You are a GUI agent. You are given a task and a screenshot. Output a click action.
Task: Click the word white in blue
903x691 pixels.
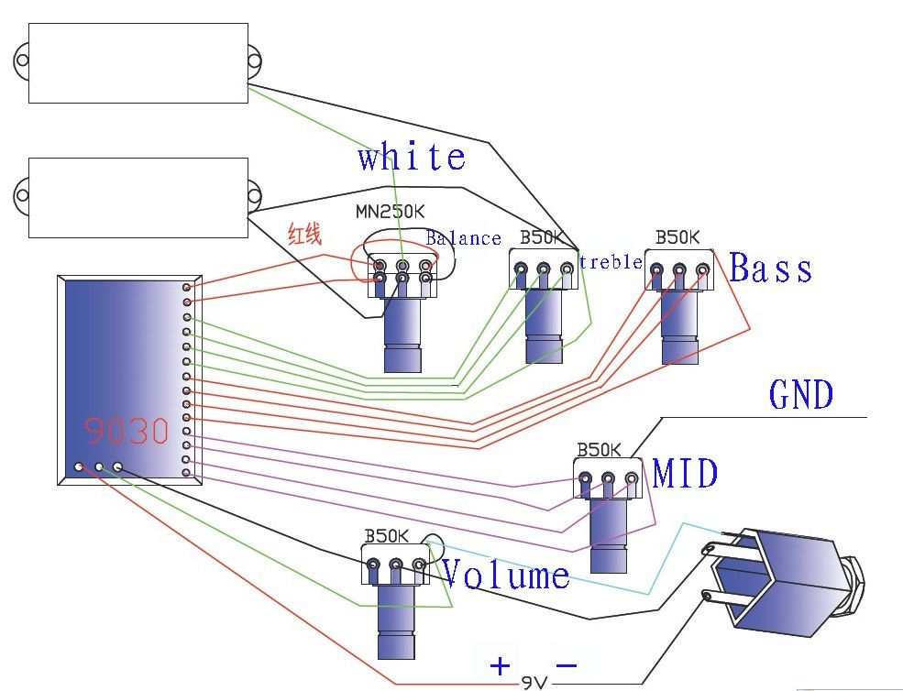coord(412,157)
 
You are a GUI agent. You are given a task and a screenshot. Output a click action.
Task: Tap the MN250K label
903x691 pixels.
coord(391,212)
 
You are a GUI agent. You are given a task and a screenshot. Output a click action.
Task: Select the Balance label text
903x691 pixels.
coord(464,238)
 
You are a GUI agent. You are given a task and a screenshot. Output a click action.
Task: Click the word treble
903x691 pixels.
coord(611,262)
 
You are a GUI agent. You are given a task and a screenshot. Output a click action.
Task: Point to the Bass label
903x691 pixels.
coord(771,269)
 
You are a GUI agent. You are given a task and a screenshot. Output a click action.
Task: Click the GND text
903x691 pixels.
coord(801,395)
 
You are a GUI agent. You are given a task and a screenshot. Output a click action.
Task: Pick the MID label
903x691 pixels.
coord(685,474)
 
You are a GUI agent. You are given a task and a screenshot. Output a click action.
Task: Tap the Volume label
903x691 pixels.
coord(505,575)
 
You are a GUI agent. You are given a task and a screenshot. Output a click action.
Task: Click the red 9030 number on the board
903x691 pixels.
coord(127,430)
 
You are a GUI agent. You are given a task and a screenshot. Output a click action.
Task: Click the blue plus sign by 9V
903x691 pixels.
coord(500,665)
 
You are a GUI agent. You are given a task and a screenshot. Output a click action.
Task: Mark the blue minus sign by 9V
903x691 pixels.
coord(567,664)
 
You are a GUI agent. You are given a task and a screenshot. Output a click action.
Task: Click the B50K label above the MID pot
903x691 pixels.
coord(599,450)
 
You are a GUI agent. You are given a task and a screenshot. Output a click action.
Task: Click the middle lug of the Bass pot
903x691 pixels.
coord(680,270)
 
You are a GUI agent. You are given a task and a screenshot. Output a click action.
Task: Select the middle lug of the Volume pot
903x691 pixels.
coord(396,565)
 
